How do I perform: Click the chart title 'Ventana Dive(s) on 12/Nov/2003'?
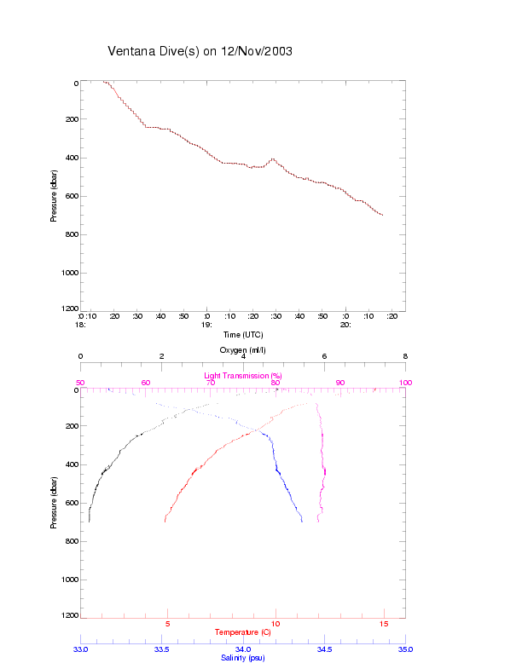(200, 51)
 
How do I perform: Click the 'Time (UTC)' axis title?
(243, 335)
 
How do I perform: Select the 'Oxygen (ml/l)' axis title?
(243, 350)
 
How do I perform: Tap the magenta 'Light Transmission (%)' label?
(243, 376)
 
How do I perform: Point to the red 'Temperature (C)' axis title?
(243, 632)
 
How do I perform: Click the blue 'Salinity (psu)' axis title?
(243, 658)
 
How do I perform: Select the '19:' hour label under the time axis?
(206, 325)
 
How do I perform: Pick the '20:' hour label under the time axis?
(345, 325)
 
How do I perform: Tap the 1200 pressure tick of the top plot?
(67, 309)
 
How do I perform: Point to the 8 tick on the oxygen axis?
(405, 356)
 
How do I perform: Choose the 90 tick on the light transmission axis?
(340, 384)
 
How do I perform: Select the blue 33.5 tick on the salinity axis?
(161, 649)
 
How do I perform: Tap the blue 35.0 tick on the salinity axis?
(405, 649)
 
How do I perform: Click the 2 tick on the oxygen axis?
(162, 356)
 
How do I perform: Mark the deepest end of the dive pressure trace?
(382, 216)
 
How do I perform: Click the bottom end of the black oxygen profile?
(89, 521)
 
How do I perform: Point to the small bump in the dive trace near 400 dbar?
(273, 159)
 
